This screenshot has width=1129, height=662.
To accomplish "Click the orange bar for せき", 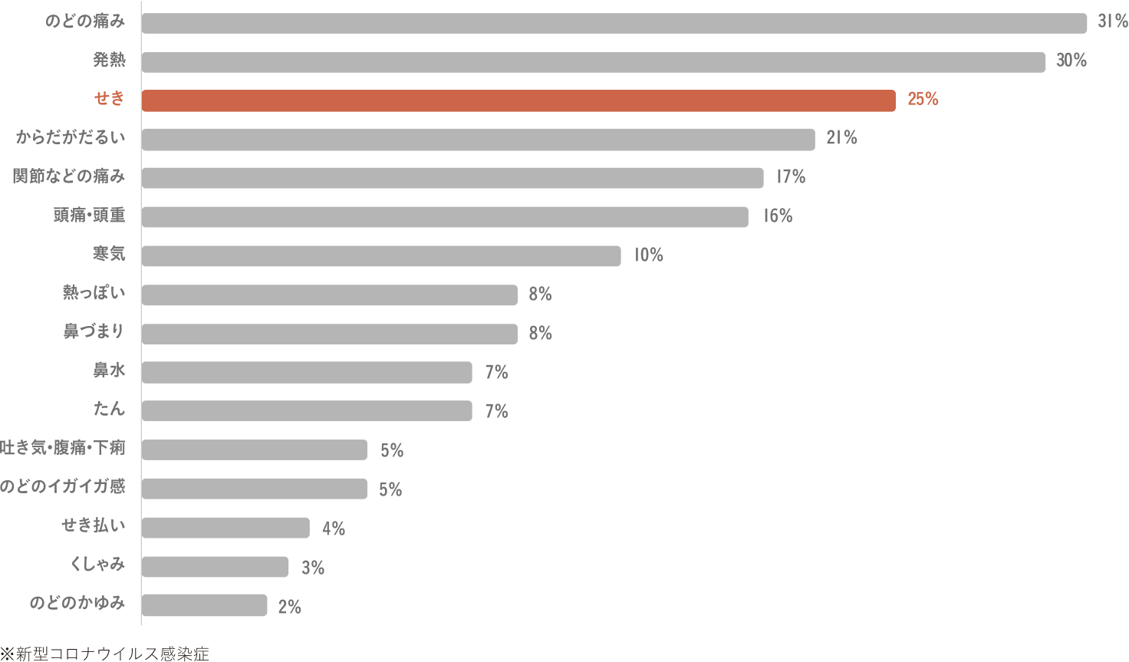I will [x=518, y=100].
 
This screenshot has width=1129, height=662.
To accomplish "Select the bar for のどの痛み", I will [x=614, y=23].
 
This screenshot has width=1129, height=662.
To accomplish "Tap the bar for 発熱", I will [x=593, y=62].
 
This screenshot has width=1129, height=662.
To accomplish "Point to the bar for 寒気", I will [x=380, y=256].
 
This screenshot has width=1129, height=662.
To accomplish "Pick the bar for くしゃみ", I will [x=215, y=567].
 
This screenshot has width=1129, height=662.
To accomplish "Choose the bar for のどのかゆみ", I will [x=204, y=606].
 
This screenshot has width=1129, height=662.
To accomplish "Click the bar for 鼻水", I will [x=306, y=373].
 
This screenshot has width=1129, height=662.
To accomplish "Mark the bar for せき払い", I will [x=225, y=528].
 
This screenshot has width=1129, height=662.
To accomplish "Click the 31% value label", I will [x=1112, y=21].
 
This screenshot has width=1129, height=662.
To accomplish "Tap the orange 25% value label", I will [x=923, y=99].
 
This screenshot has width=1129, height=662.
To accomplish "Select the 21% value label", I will [x=841, y=138].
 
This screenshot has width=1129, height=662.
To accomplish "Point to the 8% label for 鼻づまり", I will [x=540, y=333].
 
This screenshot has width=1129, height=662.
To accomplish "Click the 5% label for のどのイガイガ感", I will [x=390, y=489].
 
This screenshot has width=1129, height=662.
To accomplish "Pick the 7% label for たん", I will [x=496, y=411].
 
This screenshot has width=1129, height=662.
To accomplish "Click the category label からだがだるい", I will [x=71, y=138].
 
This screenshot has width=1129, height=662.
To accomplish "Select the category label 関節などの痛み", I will [x=68, y=176].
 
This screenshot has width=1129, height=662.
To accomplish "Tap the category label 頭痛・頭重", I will [x=89, y=216].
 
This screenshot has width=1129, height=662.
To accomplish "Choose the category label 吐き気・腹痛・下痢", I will [x=63, y=448].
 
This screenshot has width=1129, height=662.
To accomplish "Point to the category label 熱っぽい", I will [x=94, y=293].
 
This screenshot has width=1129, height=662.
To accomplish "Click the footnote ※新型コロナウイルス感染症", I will [x=104, y=654].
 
